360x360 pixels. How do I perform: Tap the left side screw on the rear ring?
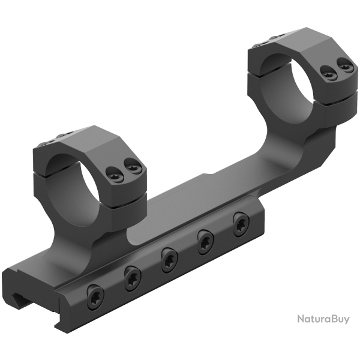coord(328,73)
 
